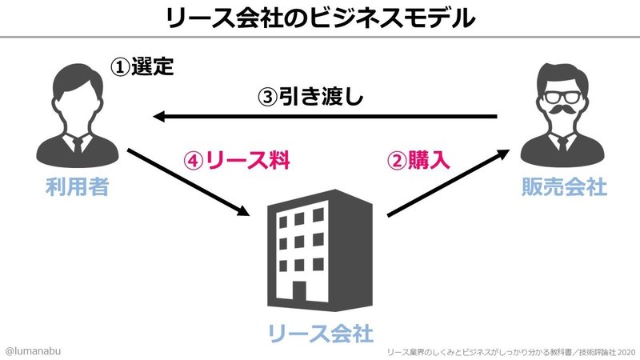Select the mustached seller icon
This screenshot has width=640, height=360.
coord(562,116)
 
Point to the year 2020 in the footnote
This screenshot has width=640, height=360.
coord(625,350)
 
